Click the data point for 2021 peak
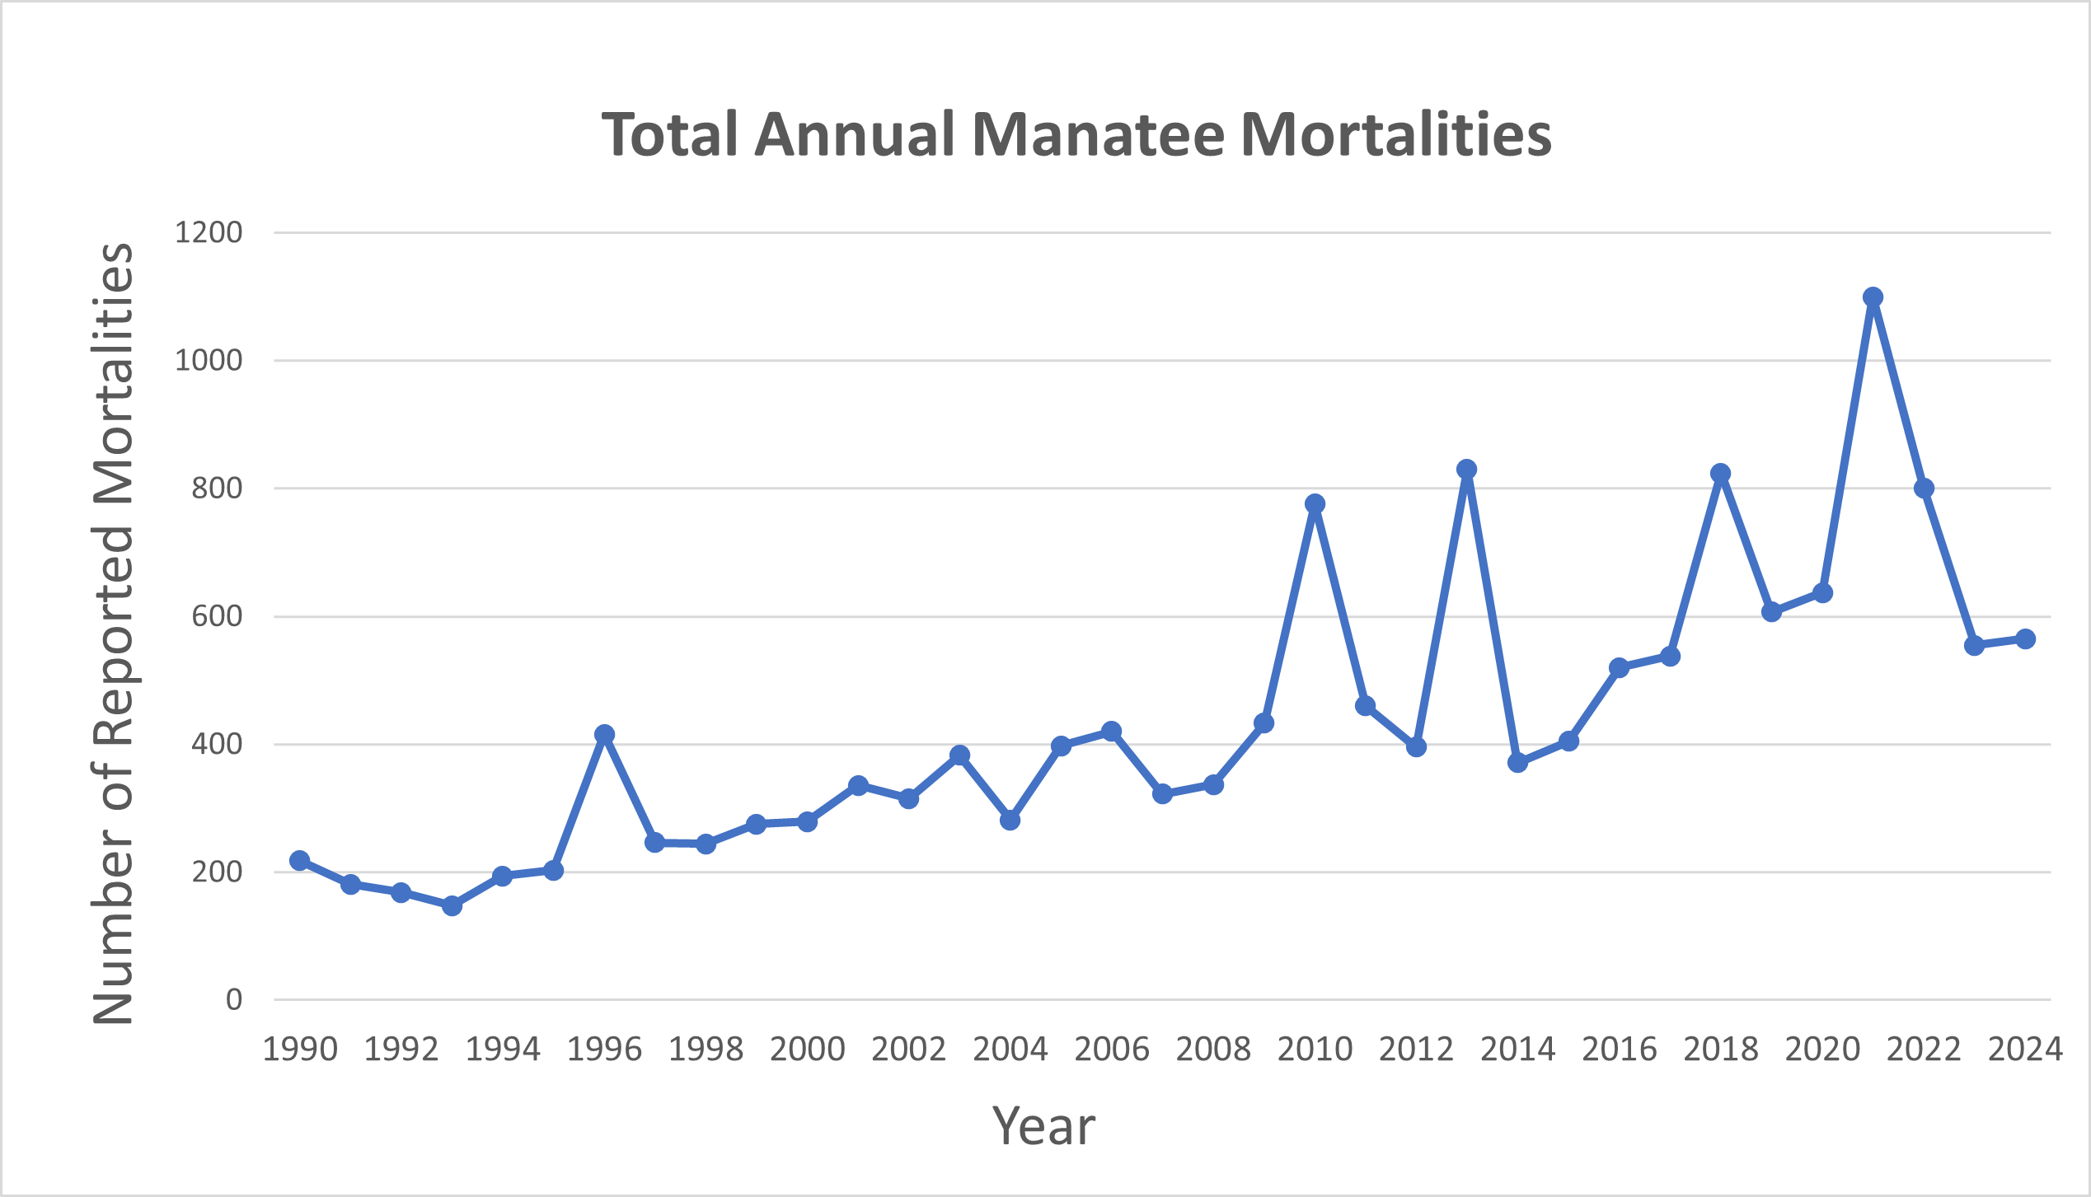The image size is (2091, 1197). tap(1873, 297)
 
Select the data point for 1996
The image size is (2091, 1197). tap(604, 734)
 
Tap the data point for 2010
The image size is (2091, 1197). tap(1315, 504)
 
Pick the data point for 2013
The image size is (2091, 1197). tap(1466, 470)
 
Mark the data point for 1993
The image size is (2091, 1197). tap(452, 906)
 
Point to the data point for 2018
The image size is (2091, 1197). tap(1720, 474)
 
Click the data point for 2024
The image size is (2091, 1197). tap(2025, 639)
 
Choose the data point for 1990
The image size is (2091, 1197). tap(300, 861)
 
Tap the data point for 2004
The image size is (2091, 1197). tap(1010, 821)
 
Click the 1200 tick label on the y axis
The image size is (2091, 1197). tap(209, 233)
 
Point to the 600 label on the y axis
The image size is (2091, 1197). tap(217, 616)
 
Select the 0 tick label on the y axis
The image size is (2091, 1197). tap(234, 1000)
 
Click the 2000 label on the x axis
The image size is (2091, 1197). tap(807, 1050)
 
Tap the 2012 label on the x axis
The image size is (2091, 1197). tap(1416, 1050)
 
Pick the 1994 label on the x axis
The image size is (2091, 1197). tap(503, 1050)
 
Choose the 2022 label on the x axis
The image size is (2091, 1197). tap(1924, 1050)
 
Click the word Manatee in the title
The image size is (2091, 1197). tap(1098, 134)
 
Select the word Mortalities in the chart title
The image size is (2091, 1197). tap(1395, 134)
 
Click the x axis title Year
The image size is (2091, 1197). tap(1043, 1126)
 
